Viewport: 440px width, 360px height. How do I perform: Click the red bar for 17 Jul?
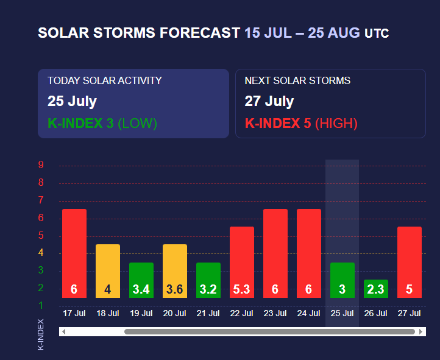(x=74, y=253)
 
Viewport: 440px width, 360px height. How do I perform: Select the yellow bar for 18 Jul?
(x=108, y=270)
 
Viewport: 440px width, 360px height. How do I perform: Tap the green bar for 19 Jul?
(x=141, y=280)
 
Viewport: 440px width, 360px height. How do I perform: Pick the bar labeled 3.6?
(x=175, y=270)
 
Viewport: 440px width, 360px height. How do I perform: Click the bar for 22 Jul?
(x=242, y=262)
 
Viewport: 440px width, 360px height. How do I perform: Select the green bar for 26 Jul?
(x=376, y=288)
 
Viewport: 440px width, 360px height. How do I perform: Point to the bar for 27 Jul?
(x=410, y=262)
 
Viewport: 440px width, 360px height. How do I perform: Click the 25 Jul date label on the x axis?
(x=342, y=314)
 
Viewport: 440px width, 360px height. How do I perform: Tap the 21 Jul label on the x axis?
(x=208, y=314)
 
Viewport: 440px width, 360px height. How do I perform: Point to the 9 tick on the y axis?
(x=41, y=164)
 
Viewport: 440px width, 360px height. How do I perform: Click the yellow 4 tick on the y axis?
(x=41, y=253)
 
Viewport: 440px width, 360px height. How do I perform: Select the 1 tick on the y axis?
(x=41, y=305)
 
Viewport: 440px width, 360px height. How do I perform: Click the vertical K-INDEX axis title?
(x=41, y=334)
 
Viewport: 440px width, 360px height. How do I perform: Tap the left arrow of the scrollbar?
(x=63, y=332)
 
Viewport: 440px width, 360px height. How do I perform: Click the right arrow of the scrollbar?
(x=421, y=332)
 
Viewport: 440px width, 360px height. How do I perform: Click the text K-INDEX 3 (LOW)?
(x=102, y=124)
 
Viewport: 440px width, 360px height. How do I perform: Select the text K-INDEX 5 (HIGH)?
(x=301, y=124)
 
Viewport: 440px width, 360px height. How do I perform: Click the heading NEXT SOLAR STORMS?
(x=297, y=80)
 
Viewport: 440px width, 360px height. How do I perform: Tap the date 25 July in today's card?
(x=72, y=101)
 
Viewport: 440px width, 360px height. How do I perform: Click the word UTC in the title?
(x=377, y=34)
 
